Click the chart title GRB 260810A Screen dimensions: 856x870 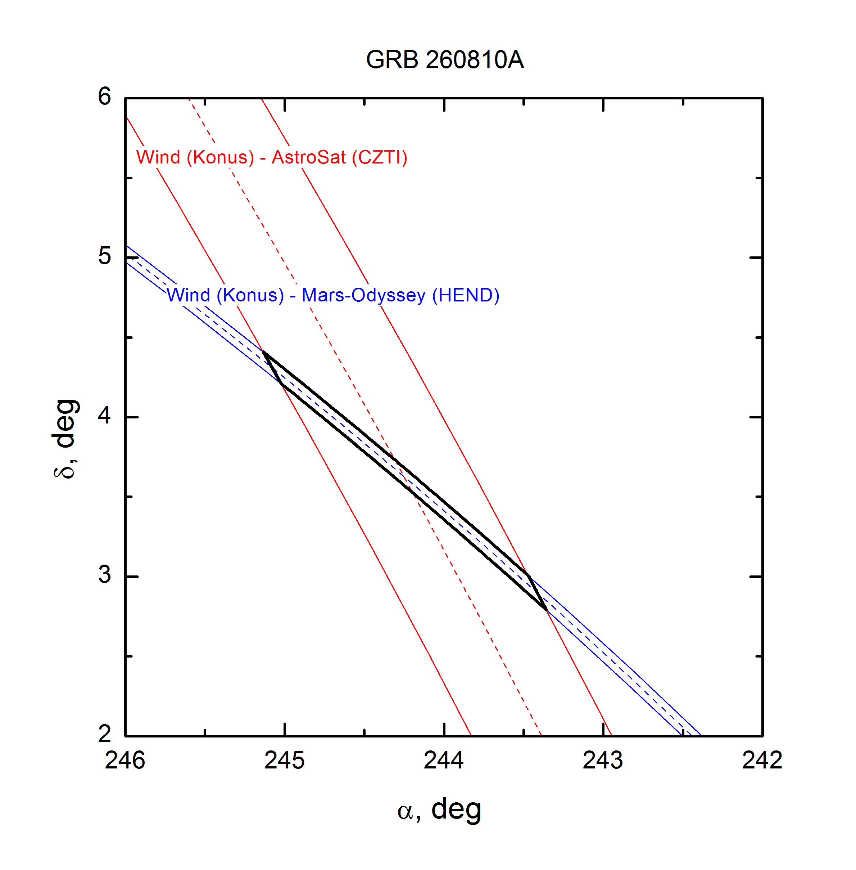(445, 59)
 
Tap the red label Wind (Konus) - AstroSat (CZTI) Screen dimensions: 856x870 (272, 157)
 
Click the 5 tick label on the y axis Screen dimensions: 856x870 (104, 256)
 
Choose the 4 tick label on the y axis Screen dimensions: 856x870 (104, 416)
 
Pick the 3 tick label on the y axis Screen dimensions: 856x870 (104, 575)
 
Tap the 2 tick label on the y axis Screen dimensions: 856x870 (104, 734)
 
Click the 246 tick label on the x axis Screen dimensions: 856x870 (125, 761)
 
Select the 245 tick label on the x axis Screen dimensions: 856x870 (285, 761)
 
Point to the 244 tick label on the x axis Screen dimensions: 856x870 (444, 761)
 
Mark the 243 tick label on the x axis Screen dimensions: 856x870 (603, 761)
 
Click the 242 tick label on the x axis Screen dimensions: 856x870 (762, 761)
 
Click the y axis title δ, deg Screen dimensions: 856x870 (65, 439)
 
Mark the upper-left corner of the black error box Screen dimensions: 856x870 (263, 352)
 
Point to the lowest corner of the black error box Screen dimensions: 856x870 (546, 610)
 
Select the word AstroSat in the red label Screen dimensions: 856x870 (309, 157)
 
